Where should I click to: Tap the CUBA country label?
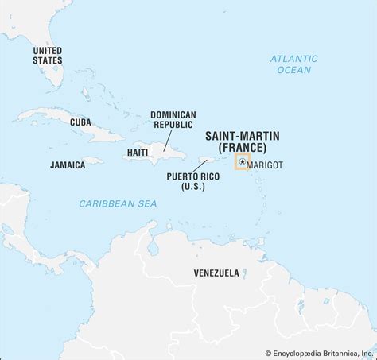81,122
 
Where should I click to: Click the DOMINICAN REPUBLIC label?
173,120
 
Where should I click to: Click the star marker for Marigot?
242,162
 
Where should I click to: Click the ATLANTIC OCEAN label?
293,64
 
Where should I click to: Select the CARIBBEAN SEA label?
118,204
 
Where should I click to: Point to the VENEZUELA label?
216,273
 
